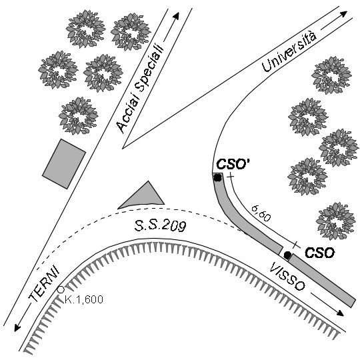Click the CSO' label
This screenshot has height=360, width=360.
tap(233, 164)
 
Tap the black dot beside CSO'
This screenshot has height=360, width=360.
tap(217, 177)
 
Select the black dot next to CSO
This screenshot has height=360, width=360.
tap(287, 255)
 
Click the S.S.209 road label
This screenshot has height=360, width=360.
tap(160, 227)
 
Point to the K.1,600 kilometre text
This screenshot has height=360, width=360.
tap(84, 299)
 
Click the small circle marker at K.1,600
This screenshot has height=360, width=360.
tap(61, 290)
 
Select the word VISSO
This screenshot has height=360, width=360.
tap(287, 277)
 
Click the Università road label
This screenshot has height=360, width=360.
tap(289, 51)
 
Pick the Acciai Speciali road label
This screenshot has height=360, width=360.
tap(140, 88)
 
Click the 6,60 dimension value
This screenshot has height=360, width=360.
tap(261, 213)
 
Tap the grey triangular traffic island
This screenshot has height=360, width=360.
tap(144, 197)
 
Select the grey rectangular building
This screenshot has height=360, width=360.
tap(64, 164)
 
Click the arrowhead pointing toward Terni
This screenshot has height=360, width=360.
tap(17, 327)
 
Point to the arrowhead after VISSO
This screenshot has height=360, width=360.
tap(341, 313)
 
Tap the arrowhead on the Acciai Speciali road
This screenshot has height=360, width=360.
tap(176, 16)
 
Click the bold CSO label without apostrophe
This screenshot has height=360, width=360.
tap(319, 253)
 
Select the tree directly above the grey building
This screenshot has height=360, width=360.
tap(79, 115)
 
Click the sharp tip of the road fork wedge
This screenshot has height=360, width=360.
tap(123, 149)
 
